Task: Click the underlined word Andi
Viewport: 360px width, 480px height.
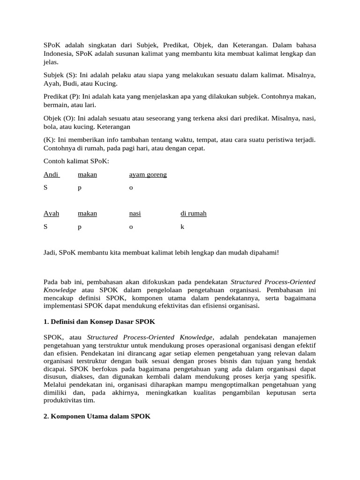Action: pyautogui.click(x=51, y=175)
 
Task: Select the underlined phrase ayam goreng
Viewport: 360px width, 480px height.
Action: pyautogui.click(x=148, y=175)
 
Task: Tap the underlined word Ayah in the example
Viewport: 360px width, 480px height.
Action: pyautogui.click(x=51, y=214)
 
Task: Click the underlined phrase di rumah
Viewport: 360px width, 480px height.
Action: pyautogui.click(x=193, y=214)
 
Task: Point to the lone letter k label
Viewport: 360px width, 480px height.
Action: pyautogui.click(x=182, y=227)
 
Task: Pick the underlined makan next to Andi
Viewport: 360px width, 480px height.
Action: pyautogui.click(x=87, y=175)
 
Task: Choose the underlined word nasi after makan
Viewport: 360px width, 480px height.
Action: pyautogui.click(x=135, y=214)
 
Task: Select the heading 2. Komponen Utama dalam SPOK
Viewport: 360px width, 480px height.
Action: pyautogui.click(x=97, y=416)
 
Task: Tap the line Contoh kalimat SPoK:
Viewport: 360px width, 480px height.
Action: pyautogui.click(x=76, y=161)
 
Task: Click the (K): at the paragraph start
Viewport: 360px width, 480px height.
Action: pyautogui.click(x=49, y=140)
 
